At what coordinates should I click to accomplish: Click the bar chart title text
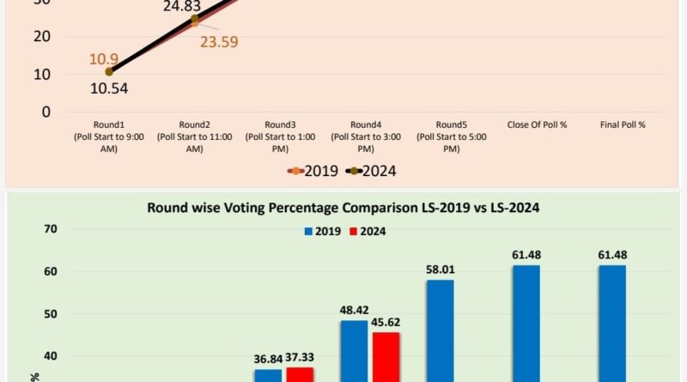coord(343,207)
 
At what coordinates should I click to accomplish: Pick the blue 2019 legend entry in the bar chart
coord(322,231)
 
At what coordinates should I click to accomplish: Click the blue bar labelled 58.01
coord(440,330)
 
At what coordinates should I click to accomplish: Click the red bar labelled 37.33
coord(300,374)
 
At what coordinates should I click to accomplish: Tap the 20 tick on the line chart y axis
coord(41,36)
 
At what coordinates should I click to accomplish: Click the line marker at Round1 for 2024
coord(109,72)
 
